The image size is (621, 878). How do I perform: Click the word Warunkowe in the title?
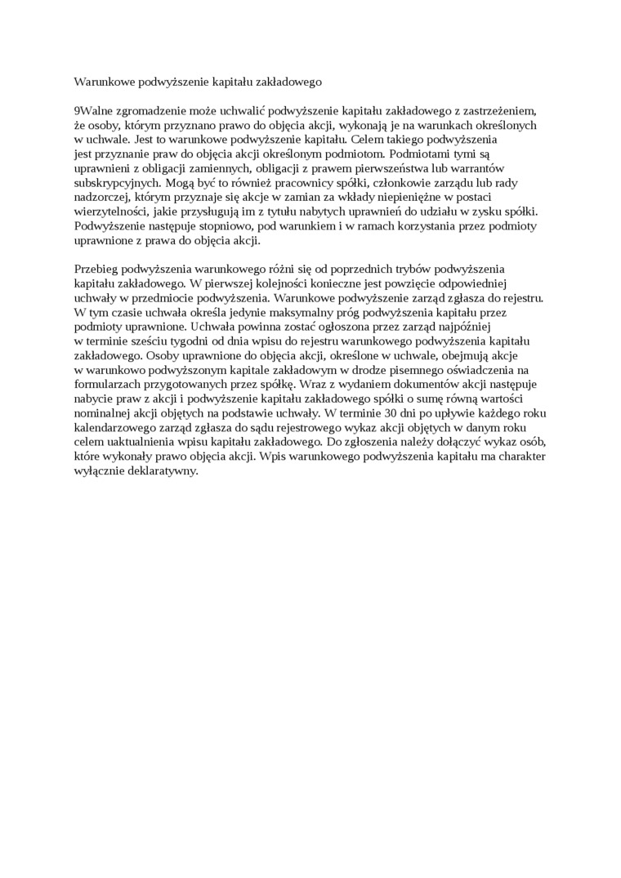point(101,82)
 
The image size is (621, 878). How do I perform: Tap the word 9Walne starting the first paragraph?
point(92,110)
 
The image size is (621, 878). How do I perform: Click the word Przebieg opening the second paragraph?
point(96,270)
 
